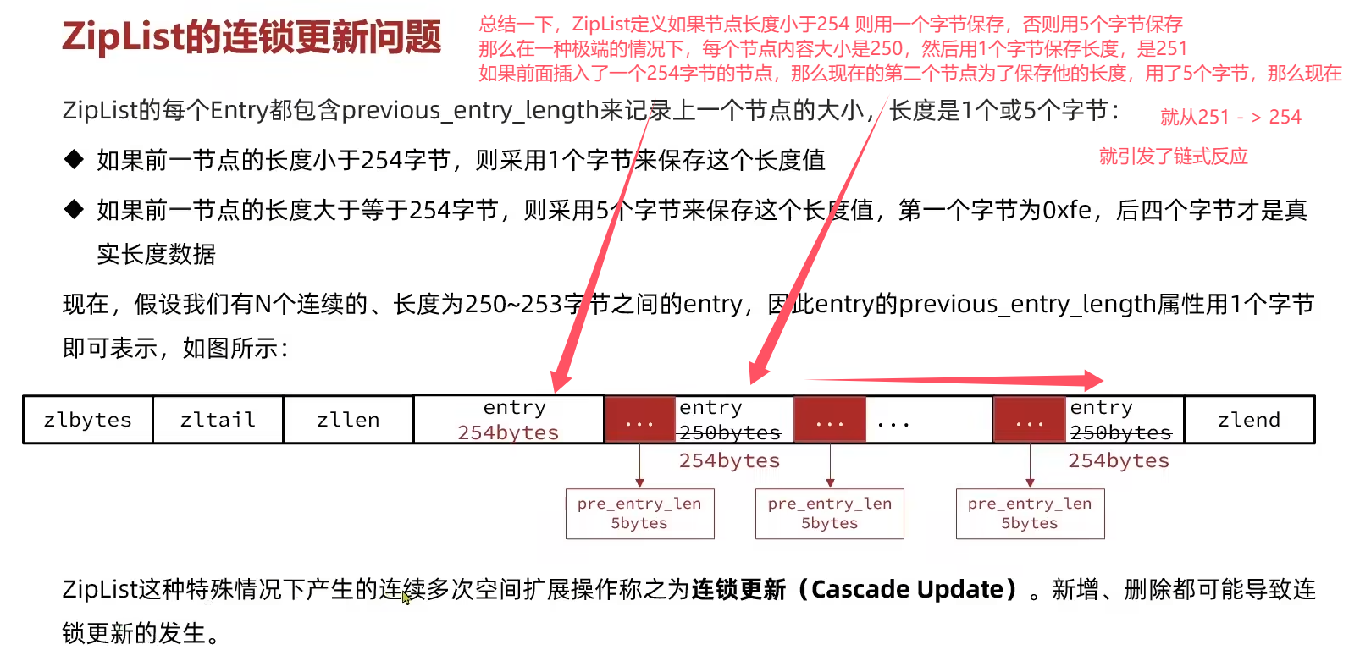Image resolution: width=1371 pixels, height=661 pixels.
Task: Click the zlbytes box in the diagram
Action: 87,420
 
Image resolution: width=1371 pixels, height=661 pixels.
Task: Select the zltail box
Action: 218,420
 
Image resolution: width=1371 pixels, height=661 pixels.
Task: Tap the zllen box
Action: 348,420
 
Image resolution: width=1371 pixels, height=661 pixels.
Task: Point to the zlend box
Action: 1249,420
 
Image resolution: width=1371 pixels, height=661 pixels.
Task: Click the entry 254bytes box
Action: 509,420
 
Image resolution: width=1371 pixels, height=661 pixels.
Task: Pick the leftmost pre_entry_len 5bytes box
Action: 639,514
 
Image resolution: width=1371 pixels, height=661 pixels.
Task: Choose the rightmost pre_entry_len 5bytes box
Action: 1030,514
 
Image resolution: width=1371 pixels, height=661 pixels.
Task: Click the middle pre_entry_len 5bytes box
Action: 829,514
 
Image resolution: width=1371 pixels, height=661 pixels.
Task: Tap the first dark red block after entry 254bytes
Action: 640,420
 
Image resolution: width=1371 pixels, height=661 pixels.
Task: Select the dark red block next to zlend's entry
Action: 1030,420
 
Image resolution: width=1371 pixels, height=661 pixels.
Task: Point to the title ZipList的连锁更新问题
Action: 252,36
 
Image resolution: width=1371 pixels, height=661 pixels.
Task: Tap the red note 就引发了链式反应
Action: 1174,157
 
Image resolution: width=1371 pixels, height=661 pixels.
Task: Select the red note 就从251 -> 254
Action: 1230,117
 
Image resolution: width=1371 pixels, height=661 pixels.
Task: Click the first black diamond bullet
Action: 74,160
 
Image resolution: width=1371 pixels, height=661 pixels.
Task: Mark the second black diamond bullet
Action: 74,210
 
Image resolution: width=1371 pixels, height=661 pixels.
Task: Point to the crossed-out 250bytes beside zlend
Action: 1120,432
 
